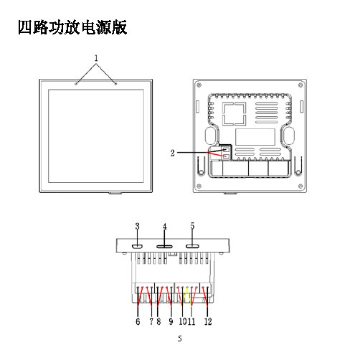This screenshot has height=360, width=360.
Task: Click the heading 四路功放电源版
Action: (x=72, y=27)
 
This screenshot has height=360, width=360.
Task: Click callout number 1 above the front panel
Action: (x=96, y=58)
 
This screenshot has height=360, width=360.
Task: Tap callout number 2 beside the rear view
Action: (x=172, y=153)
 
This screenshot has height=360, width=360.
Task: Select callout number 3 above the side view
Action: (x=137, y=226)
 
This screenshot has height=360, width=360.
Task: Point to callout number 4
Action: (x=165, y=227)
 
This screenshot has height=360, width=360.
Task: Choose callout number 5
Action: (x=192, y=226)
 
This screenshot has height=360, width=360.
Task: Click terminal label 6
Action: (x=138, y=321)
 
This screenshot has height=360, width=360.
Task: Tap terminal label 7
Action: (x=151, y=321)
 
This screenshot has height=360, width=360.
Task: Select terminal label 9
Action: (x=171, y=321)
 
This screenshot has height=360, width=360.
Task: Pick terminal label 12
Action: (x=208, y=321)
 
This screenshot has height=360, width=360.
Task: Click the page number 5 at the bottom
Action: (x=180, y=338)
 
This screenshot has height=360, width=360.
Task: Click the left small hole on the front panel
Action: (x=76, y=84)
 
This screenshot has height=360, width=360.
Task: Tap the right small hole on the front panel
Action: (x=115, y=84)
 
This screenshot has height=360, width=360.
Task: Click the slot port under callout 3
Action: (x=138, y=247)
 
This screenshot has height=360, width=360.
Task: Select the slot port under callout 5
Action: (x=192, y=247)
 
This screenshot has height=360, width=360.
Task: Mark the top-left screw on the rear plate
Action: (x=199, y=85)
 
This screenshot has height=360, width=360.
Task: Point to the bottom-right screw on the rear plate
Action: (x=300, y=186)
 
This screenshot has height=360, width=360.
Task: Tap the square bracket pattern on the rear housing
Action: (x=235, y=114)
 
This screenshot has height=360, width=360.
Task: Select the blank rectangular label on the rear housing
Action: (x=255, y=137)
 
